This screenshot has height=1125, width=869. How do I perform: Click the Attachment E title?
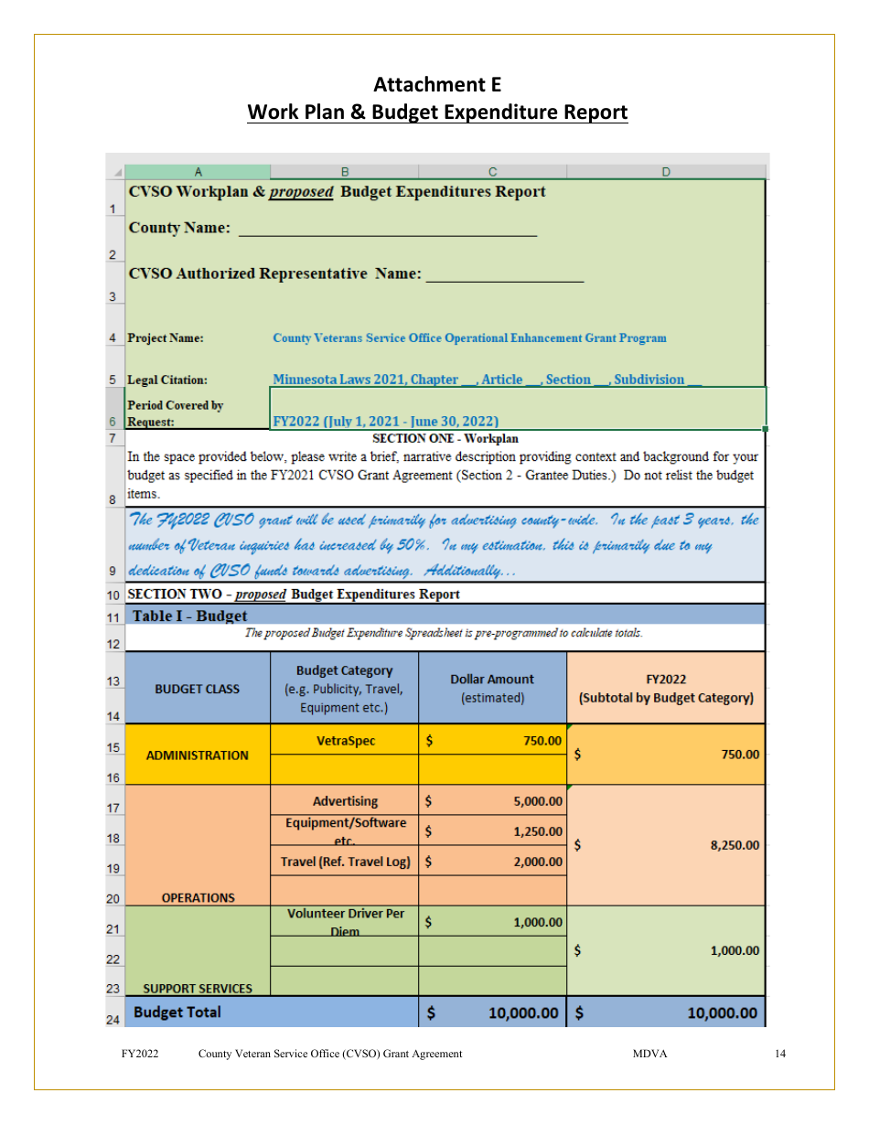click(x=437, y=84)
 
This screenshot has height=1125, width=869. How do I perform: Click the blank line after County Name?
click(x=387, y=230)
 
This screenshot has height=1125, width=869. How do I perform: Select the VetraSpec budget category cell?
click(x=345, y=741)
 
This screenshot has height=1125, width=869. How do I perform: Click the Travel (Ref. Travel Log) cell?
click(x=345, y=862)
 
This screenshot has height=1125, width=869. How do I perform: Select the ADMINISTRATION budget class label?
click(x=198, y=755)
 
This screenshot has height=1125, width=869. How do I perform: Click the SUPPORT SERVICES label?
click(x=198, y=988)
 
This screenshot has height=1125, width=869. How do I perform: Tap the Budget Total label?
click(x=177, y=1012)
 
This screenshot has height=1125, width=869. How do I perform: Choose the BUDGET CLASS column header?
click(x=198, y=689)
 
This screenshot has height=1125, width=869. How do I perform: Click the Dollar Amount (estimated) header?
click(x=492, y=688)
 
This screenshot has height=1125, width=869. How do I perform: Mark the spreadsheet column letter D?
click(x=666, y=171)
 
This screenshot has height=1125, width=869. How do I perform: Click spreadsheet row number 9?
click(x=113, y=572)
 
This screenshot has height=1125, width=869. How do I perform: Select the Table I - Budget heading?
click(x=189, y=616)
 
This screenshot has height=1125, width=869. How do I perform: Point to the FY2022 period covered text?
click(x=385, y=422)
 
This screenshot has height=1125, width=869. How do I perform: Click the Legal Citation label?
click(x=167, y=380)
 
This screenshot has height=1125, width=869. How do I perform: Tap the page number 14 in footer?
click(x=779, y=1054)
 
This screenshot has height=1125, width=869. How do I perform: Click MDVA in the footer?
click(x=649, y=1054)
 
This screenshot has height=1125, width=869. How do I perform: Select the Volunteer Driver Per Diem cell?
click(x=345, y=922)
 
